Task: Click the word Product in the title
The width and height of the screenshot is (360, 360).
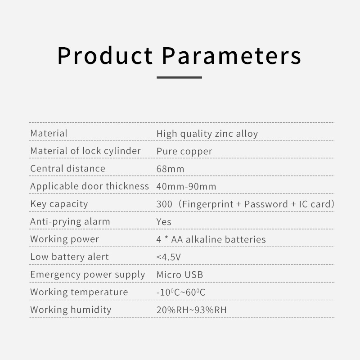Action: (105, 55)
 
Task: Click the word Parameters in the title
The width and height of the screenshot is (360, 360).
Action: (231, 55)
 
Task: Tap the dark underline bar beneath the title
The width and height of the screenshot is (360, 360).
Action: (179, 77)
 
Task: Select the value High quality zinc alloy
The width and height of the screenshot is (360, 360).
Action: (207, 134)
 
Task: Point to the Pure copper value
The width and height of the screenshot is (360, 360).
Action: (184, 152)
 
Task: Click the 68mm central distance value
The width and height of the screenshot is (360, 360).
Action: (170, 169)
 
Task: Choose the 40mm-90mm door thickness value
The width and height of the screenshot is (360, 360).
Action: (186, 186)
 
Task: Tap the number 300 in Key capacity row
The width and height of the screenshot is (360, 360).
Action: (164, 204)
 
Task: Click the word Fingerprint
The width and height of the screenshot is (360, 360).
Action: (208, 204)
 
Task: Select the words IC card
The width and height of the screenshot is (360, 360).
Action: (314, 204)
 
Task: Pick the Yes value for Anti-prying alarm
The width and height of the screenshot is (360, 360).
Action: (164, 222)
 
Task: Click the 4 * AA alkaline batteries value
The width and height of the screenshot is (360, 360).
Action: (211, 239)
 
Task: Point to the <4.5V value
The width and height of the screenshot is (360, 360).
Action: (168, 257)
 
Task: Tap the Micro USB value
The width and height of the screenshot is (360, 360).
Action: (180, 274)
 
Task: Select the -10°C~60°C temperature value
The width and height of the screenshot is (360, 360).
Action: (181, 292)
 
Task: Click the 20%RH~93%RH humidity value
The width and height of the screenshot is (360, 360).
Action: (192, 310)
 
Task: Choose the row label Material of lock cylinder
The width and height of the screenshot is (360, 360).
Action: (85, 151)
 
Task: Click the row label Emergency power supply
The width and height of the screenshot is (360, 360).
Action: (88, 275)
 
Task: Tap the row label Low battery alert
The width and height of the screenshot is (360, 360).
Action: (69, 257)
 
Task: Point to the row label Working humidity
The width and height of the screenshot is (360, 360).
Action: (71, 310)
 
